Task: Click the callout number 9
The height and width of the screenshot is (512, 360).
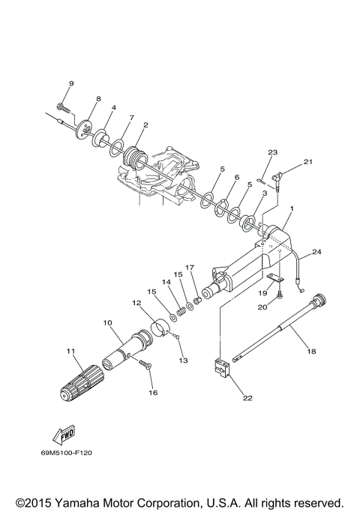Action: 71,83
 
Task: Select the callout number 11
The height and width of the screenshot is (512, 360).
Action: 71,352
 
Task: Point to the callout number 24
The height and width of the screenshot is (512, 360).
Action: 316,252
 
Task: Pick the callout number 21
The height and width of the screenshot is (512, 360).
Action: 307,161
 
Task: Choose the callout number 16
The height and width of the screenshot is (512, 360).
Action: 154,392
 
